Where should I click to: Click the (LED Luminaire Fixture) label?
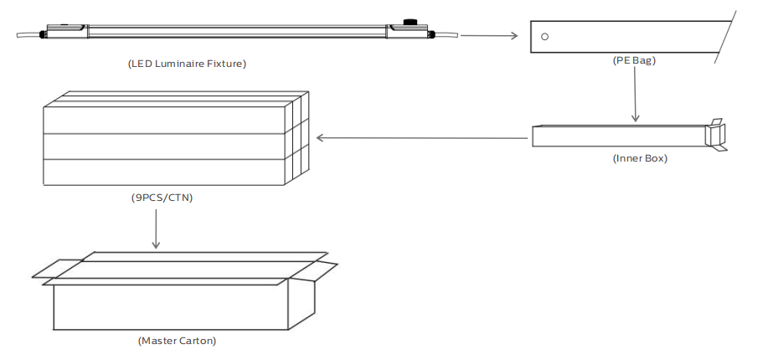pyautogui.click(x=187, y=64)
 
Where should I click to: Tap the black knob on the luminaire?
pyautogui.click(x=410, y=22)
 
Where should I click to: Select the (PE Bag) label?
pyautogui.click(x=634, y=60)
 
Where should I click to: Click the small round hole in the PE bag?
pyautogui.click(x=544, y=37)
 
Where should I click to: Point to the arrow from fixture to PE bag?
pyautogui.click(x=489, y=35)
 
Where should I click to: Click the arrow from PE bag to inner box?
pyautogui.click(x=636, y=95)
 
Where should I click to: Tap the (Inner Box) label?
pyautogui.click(x=640, y=159)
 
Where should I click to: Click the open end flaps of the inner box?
pyautogui.click(x=716, y=135)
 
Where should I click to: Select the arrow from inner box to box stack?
pyautogui.click(x=421, y=137)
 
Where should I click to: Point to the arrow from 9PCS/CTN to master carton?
pyautogui.click(x=156, y=229)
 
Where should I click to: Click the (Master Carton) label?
pyautogui.click(x=177, y=341)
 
